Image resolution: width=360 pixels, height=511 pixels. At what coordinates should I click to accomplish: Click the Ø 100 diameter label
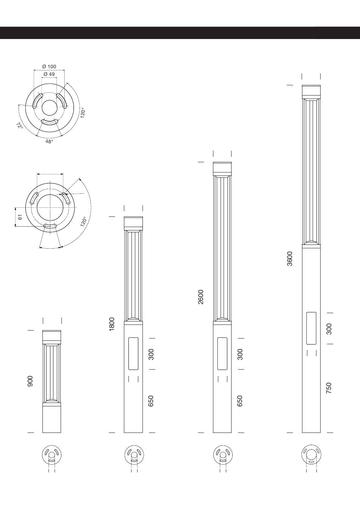click(x=49, y=67)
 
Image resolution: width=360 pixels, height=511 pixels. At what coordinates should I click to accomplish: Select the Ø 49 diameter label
click(x=49, y=74)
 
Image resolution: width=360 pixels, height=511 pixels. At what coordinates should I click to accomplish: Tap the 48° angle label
click(x=49, y=141)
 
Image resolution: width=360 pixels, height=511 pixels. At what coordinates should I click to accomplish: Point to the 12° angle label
click(x=20, y=125)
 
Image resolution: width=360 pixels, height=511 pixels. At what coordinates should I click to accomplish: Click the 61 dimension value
click(x=20, y=217)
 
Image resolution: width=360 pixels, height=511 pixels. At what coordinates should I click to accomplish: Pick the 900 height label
click(x=30, y=381)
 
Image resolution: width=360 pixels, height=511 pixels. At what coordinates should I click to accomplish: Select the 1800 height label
click(x=112, y=324)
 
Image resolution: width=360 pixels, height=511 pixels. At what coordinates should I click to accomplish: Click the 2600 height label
click(x=201, y=297)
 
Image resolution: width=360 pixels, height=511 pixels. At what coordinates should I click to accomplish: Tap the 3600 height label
click(x=290, y=259)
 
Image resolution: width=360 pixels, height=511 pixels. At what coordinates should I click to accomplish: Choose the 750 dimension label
click(x=329, y=388)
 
